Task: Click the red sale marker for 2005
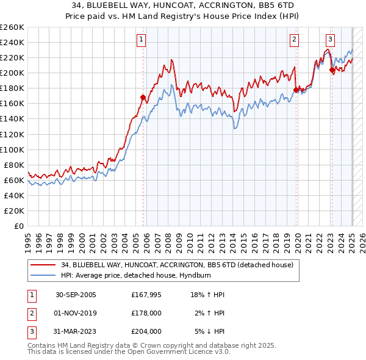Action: coord(143,97)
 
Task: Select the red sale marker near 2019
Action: coord(296,90)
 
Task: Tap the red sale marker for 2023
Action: coord(332,70)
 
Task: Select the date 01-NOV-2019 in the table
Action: coord(76,313)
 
